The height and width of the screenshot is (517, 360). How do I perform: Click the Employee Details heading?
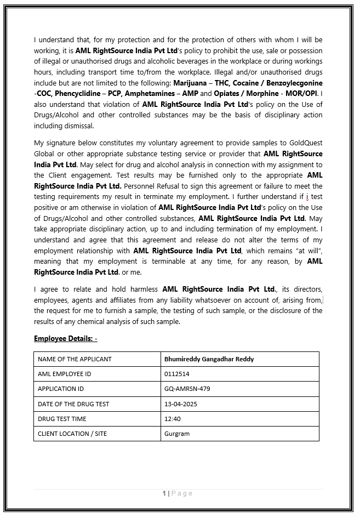(66, 338)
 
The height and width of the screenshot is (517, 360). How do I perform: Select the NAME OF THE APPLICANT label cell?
(75, 359)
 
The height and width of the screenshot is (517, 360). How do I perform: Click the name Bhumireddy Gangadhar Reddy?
(209, 359)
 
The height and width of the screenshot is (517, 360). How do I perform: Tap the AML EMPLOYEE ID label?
(64, 374)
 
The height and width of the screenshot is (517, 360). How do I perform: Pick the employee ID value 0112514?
(176, 374)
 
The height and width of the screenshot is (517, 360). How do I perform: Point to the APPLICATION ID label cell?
(60, 389)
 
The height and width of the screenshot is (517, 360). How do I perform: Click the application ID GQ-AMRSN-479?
(187, 389)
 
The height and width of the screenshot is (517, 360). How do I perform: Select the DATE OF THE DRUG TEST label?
(73, 404)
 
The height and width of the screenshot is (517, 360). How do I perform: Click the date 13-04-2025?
(180, 404)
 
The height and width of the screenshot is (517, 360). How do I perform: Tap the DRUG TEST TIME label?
(62, 419)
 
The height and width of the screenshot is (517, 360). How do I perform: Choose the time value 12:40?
(172, 419)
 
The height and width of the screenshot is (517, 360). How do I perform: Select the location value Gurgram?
(176, 434)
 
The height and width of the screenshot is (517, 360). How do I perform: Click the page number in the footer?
(164, 493)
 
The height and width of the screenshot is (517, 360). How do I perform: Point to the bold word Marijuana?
(190, 83)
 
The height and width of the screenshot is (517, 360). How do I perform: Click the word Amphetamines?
(147, 93)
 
